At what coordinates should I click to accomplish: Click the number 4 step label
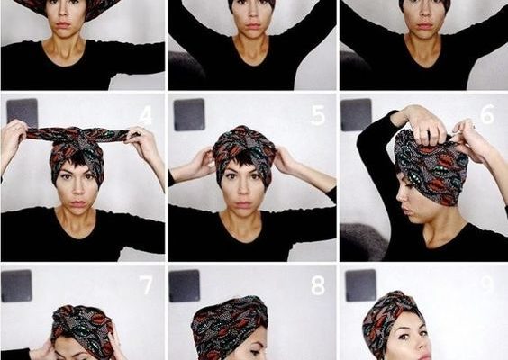click(146, 115)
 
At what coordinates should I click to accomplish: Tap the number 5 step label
click(318, 115)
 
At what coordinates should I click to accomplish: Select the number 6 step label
click(486, 114)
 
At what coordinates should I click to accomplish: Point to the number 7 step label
click(146, 284)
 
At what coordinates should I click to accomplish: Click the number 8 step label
click(318, 285)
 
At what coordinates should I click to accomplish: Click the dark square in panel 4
click(23, 113)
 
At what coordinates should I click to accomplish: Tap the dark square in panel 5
click(189, 114)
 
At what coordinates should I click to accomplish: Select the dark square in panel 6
click(356, 114)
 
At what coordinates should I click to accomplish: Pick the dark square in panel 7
click(16, 285)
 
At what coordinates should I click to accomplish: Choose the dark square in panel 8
click(185, 285)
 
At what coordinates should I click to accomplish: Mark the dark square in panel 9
click(361, 285)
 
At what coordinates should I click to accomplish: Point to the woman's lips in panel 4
click(78, 204)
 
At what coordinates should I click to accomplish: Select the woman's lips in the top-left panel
click(63, 25)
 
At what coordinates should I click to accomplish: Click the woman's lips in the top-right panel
click(425, 25)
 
